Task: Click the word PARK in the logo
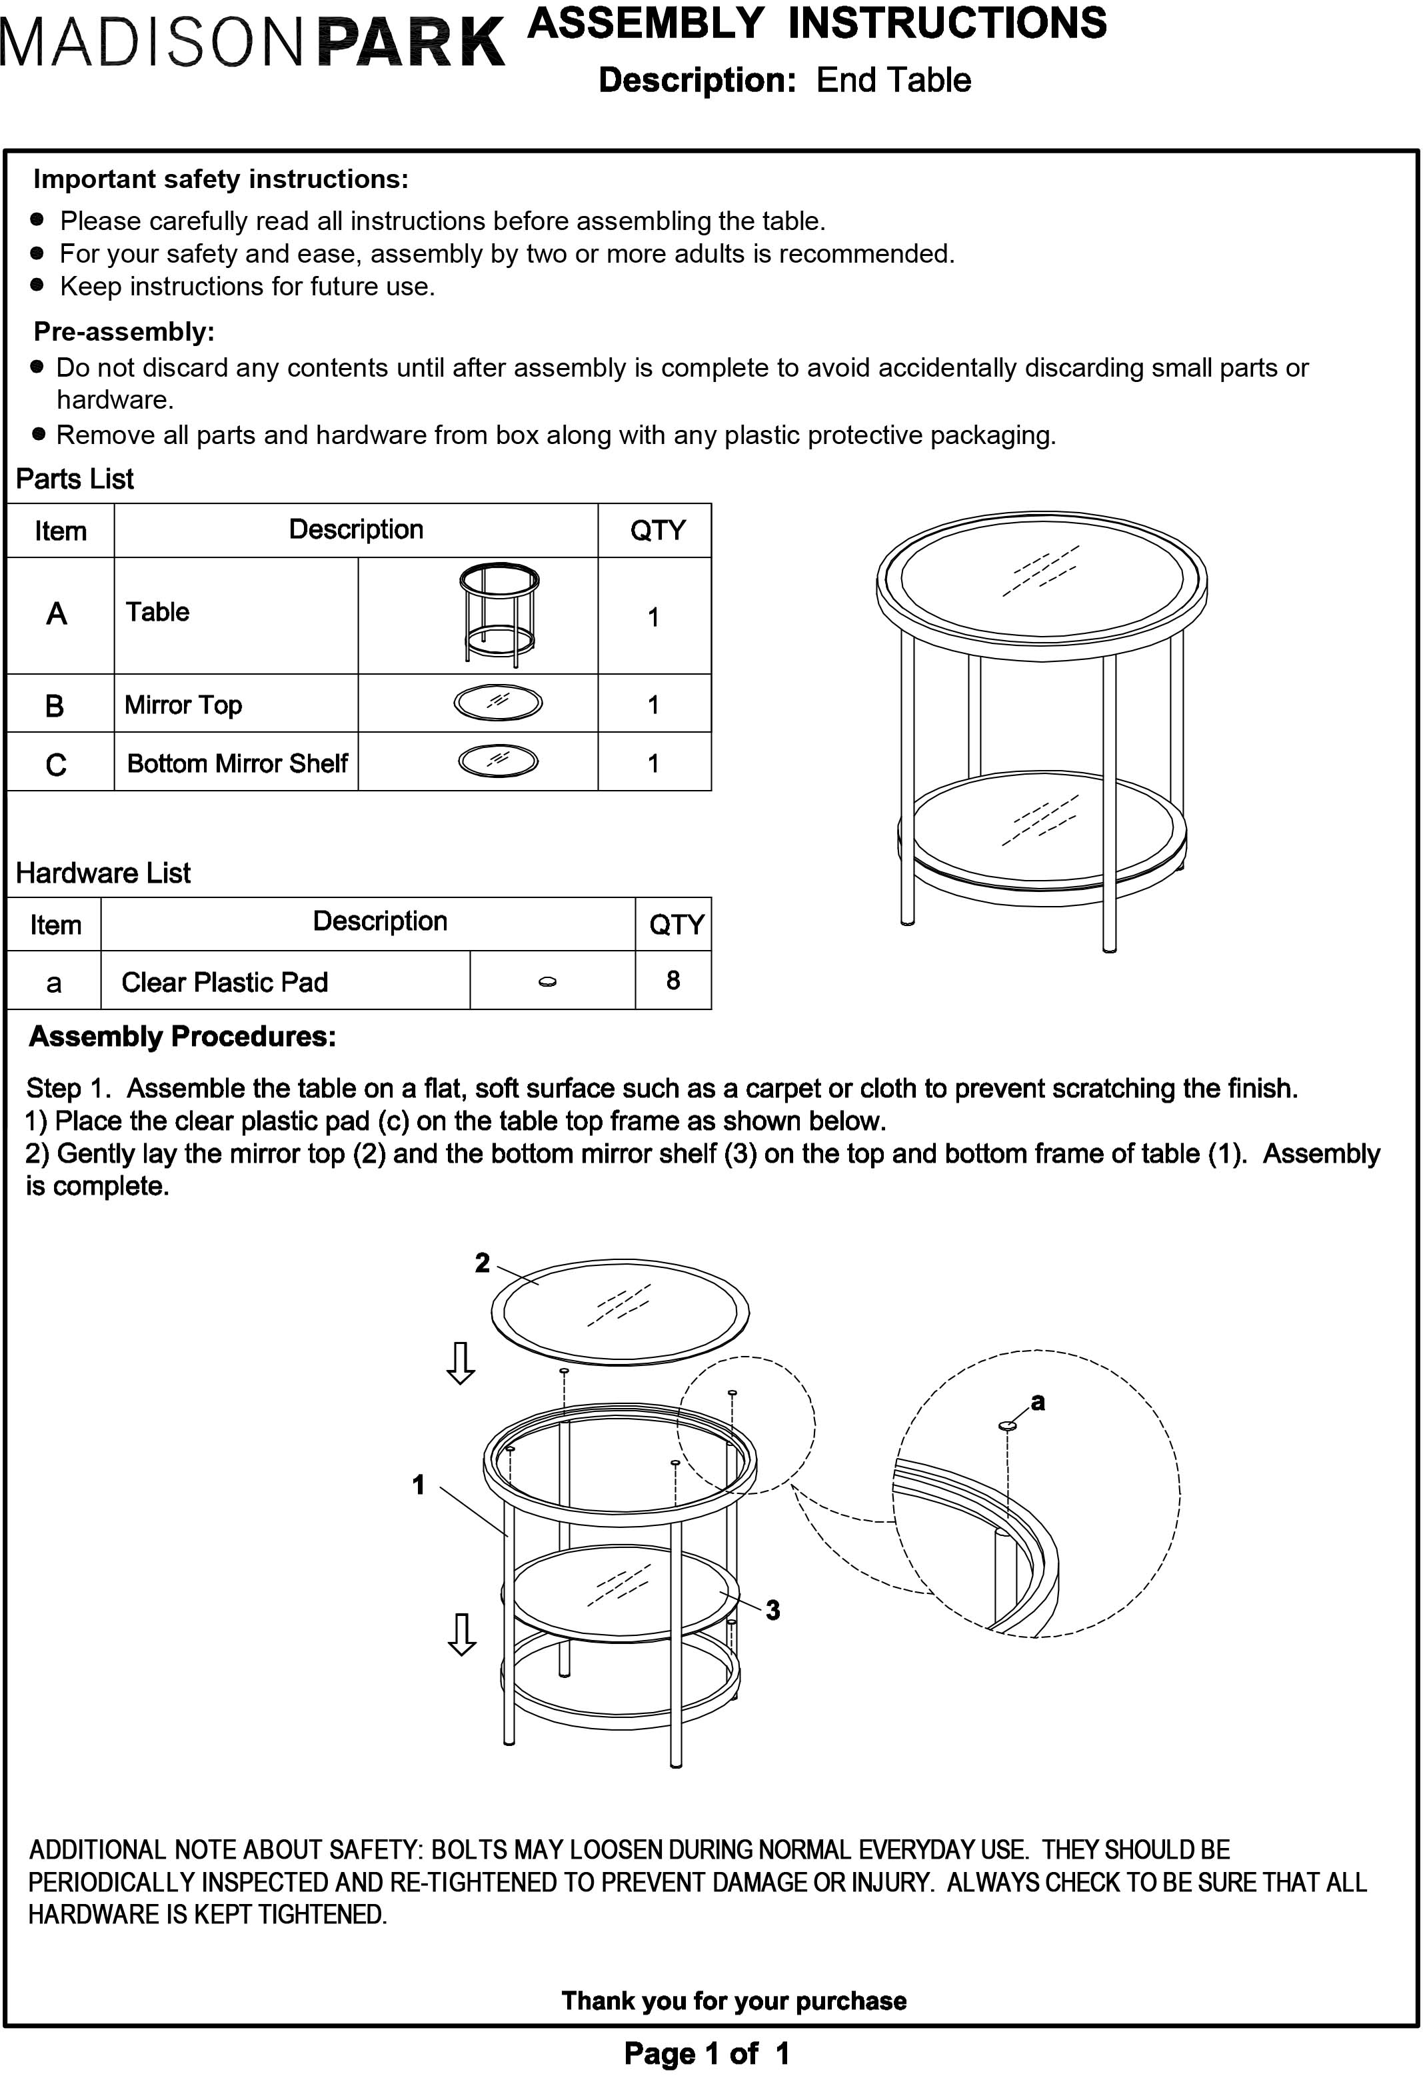(x=411, y=42)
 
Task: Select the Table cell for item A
(x=157, y=612)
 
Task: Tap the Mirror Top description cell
(x=183, y=705)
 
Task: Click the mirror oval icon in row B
(x=498, y=703)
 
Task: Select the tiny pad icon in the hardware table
(x=548, y=982)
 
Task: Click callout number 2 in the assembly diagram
(x=483, y=1262)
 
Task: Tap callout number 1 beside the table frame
(x=418, y=1485)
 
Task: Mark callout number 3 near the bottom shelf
(x=772, y=1610)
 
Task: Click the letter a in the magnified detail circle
(x=1037, y=1401)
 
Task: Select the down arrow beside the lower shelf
(x=461, y=1635)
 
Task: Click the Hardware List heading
(x=103, y=873)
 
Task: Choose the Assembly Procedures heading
(x=182, y=1036)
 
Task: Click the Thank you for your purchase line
(x=733, y=2001)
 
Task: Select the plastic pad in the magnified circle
(x=1006, y=1427)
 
